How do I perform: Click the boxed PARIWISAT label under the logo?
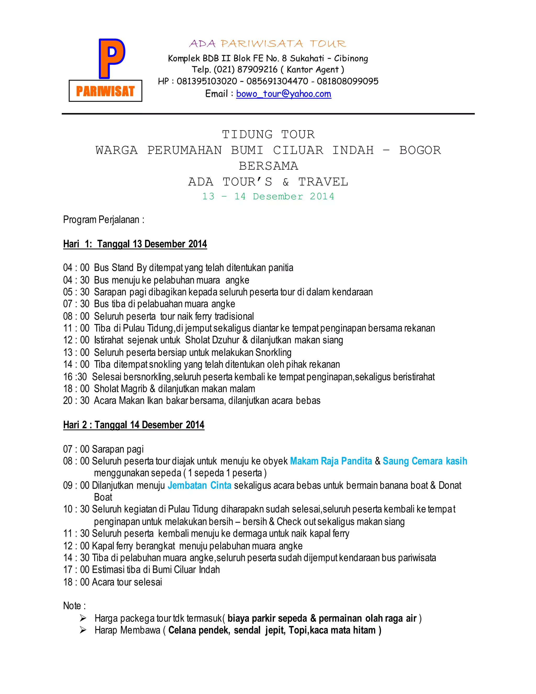coord(105,91)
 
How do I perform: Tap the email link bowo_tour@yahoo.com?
coord(283,94)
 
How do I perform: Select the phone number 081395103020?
coord(207,81)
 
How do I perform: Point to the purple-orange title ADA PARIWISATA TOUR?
coord(268,44)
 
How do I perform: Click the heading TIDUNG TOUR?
coord(268,134)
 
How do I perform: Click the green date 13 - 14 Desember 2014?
coord(268,196)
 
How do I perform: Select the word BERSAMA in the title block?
coord(268,166)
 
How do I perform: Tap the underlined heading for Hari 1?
coord(135,244)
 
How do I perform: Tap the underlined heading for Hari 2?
coord(134,425)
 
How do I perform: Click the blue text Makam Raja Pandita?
coord(331,461)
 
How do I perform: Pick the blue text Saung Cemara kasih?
coord(425,461)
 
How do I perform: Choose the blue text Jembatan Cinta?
coord(199,486)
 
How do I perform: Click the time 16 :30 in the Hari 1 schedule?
coord(75,377)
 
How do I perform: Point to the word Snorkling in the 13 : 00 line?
coord(273,352)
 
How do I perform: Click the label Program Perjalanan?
coord(104,219)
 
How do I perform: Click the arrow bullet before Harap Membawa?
coord(83,630)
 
